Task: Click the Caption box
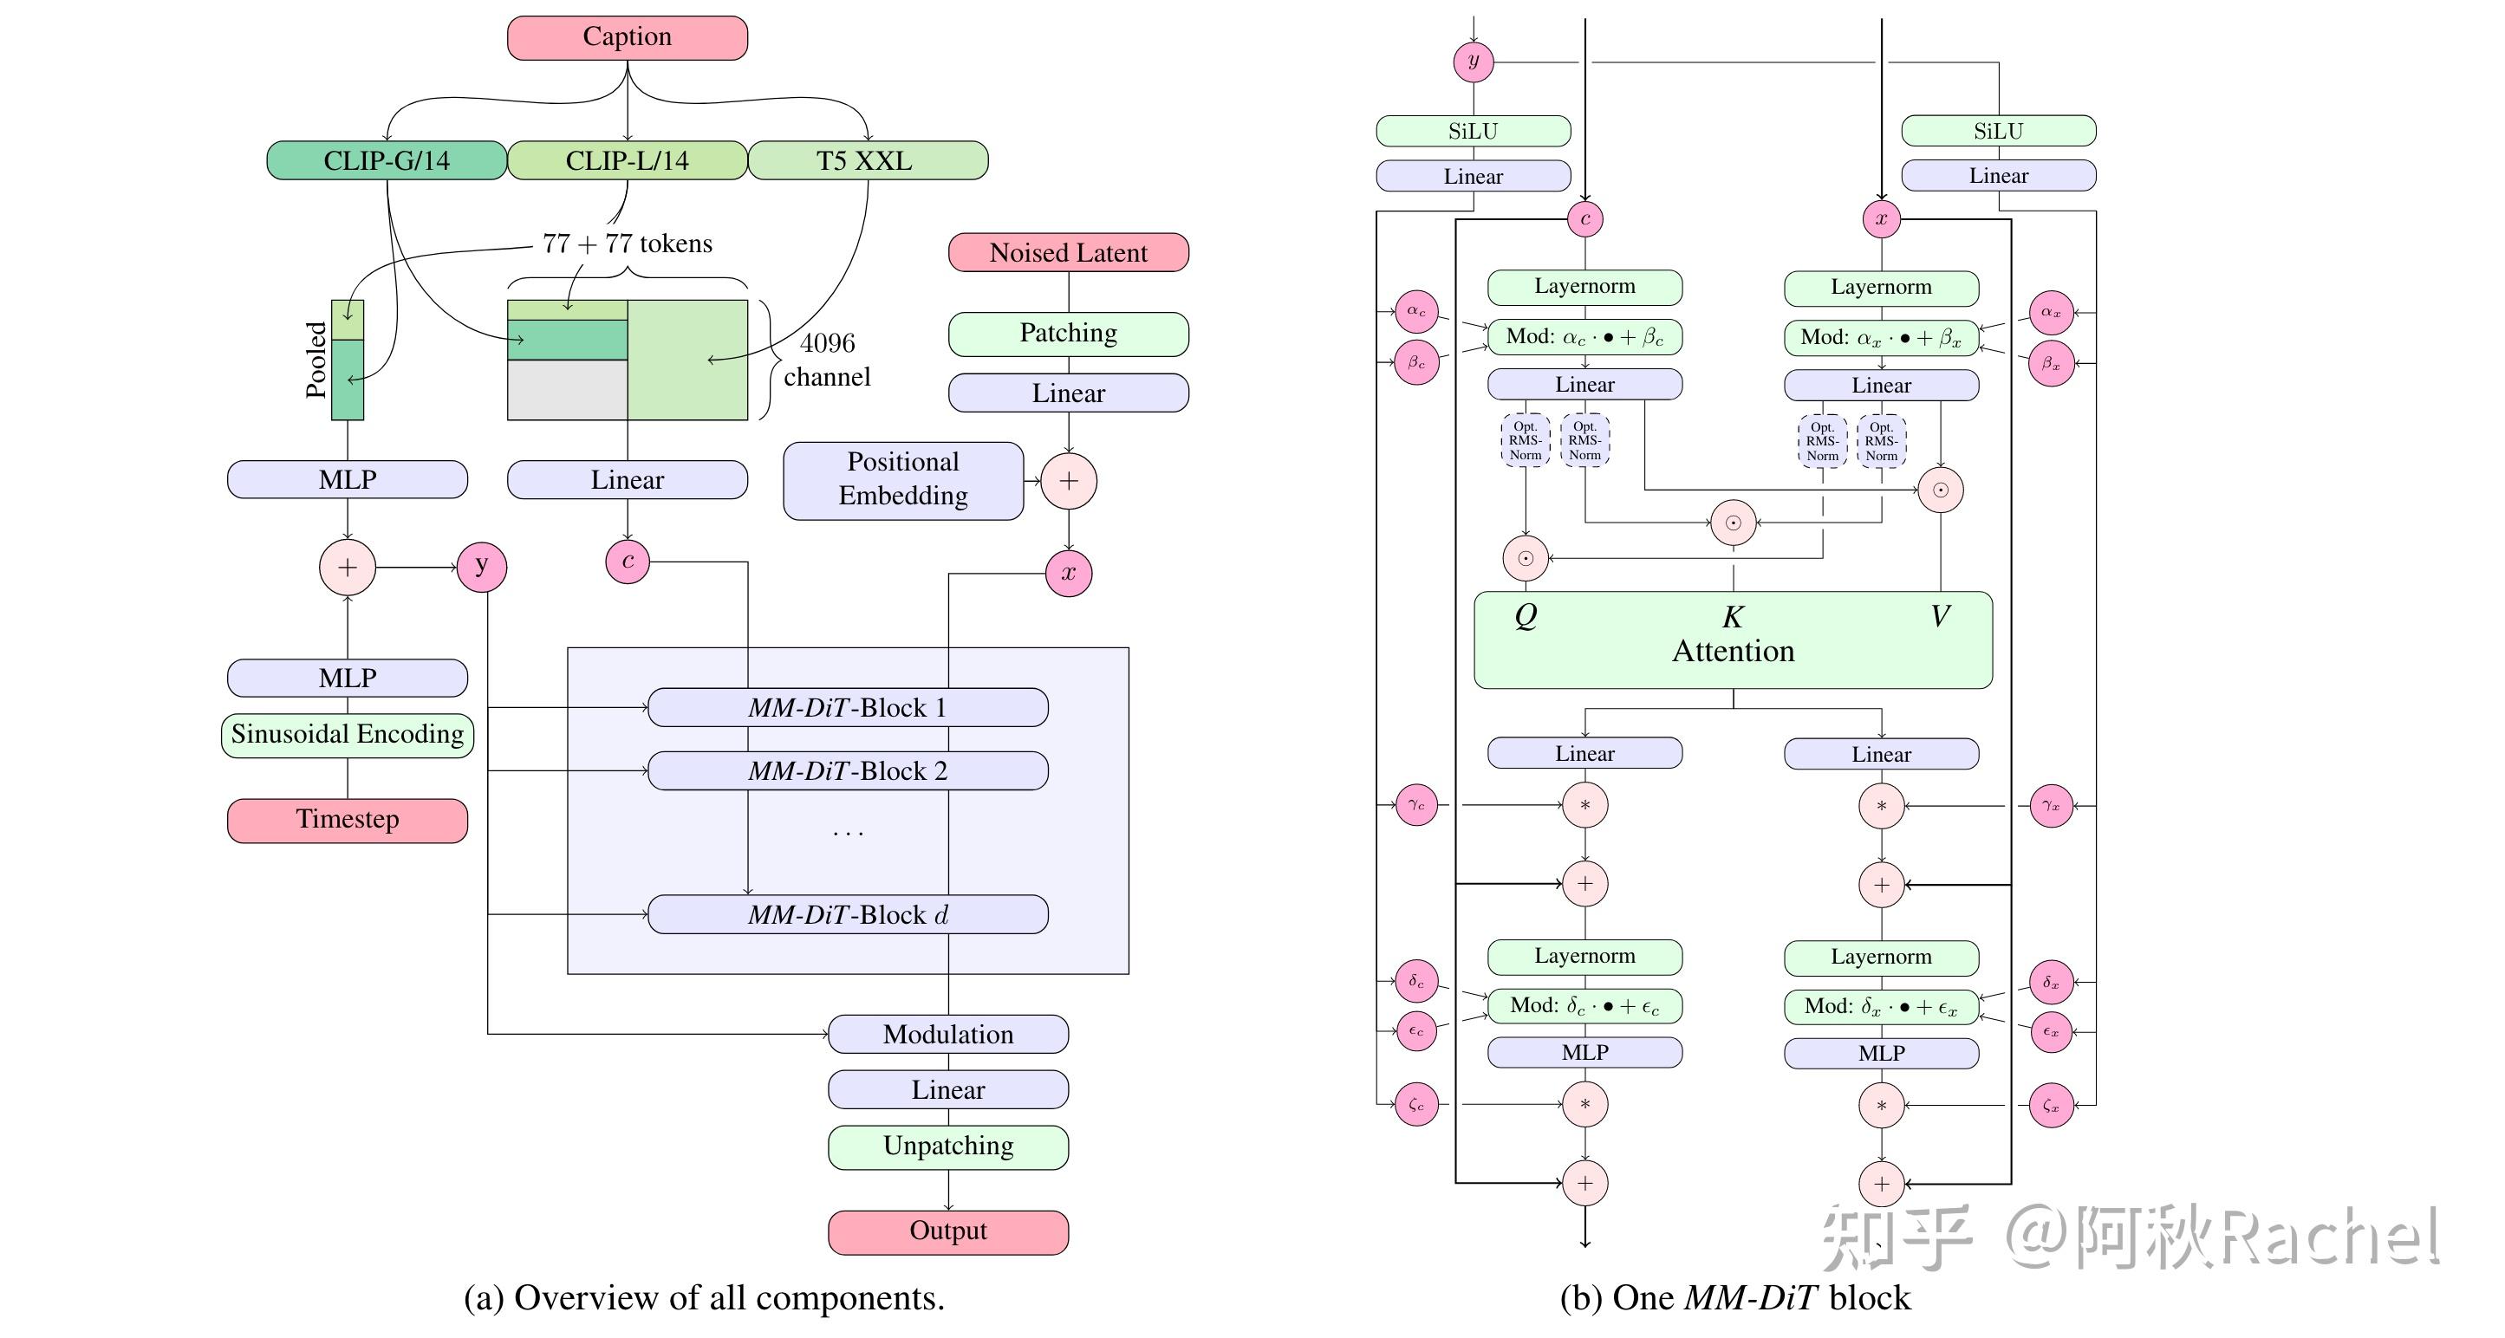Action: [628, 37]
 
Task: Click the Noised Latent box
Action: [1068, 253]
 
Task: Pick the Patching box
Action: [1068, 334]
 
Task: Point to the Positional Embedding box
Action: [902, 479]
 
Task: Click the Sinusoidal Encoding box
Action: [348, 734]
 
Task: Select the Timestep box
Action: [348, 820]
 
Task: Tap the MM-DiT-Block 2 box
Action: [847, 771]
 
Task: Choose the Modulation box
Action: [947, 1035]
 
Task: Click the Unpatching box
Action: [947, 1146]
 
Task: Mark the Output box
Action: [947, 1231]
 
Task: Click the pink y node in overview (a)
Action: [481, 566]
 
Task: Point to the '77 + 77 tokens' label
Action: [628, 244]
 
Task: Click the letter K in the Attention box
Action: [1732, 616]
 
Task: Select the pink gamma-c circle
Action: [1415, 805]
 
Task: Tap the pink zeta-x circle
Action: [2051, 1106]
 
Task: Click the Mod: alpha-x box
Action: [1881, 338]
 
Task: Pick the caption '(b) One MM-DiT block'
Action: [1734, 1298]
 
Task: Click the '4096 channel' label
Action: [827, 360]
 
